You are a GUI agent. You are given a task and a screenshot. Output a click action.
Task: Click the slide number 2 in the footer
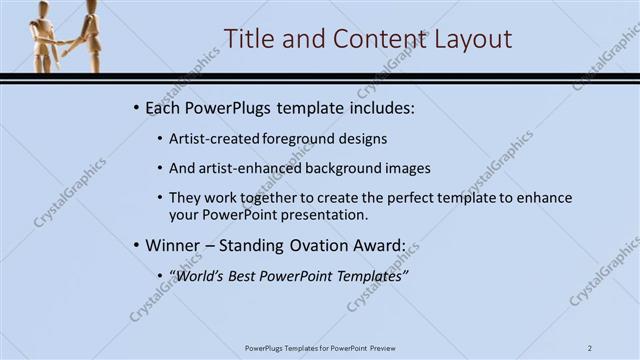(x=591, y=347)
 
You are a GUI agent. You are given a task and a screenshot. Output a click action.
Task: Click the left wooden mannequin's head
(x=47, y=9)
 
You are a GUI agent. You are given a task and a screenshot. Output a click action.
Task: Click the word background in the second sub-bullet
(x=339, y=168)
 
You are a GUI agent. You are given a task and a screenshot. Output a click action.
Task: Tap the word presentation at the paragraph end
(x=325, y=214)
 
